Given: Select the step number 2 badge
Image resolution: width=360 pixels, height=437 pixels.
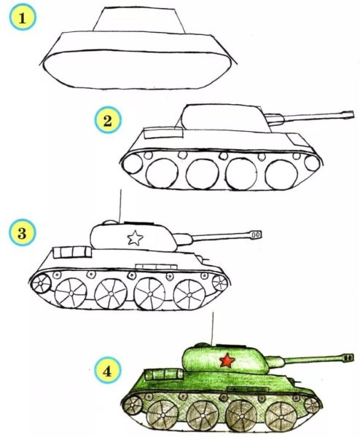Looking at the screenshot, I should click(x=107, y=120).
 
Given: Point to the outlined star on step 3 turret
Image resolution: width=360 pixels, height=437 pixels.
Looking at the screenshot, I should click(x=134, y=237).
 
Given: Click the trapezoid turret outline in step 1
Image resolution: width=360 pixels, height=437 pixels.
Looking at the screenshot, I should click(x=138, y=20).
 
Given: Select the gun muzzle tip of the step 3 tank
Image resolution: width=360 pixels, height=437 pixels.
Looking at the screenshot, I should click(x=256, y=235).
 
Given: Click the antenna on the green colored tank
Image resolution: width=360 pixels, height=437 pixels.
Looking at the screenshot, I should click(x=212, y=326).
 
